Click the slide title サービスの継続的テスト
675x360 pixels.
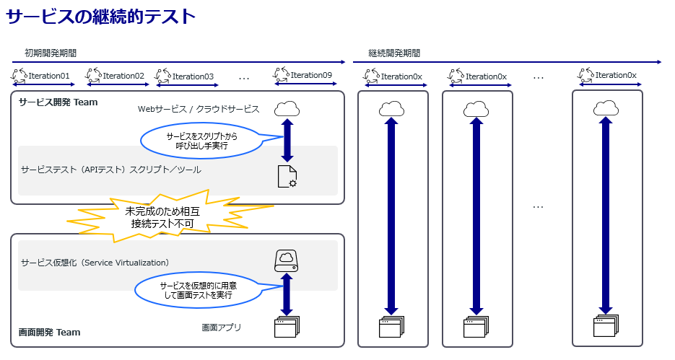tap(100, 17)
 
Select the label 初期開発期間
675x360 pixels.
tap(51, 53)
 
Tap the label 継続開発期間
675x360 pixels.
tap(394, 53)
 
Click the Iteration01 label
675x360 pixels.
tap(50, 76)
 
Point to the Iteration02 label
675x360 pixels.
tap(123, 76)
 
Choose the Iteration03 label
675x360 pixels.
tap(193, 76)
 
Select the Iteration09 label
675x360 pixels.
tap(311, 75)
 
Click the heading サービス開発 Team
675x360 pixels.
tap(58, 102)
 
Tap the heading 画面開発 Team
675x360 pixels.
tap(50, 333)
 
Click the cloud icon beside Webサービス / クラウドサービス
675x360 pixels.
tap(287, 109)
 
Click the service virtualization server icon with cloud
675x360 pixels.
tap(287, 260)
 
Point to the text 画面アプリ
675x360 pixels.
tap(221, 328)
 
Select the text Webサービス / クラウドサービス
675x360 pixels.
tap(198, 109)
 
